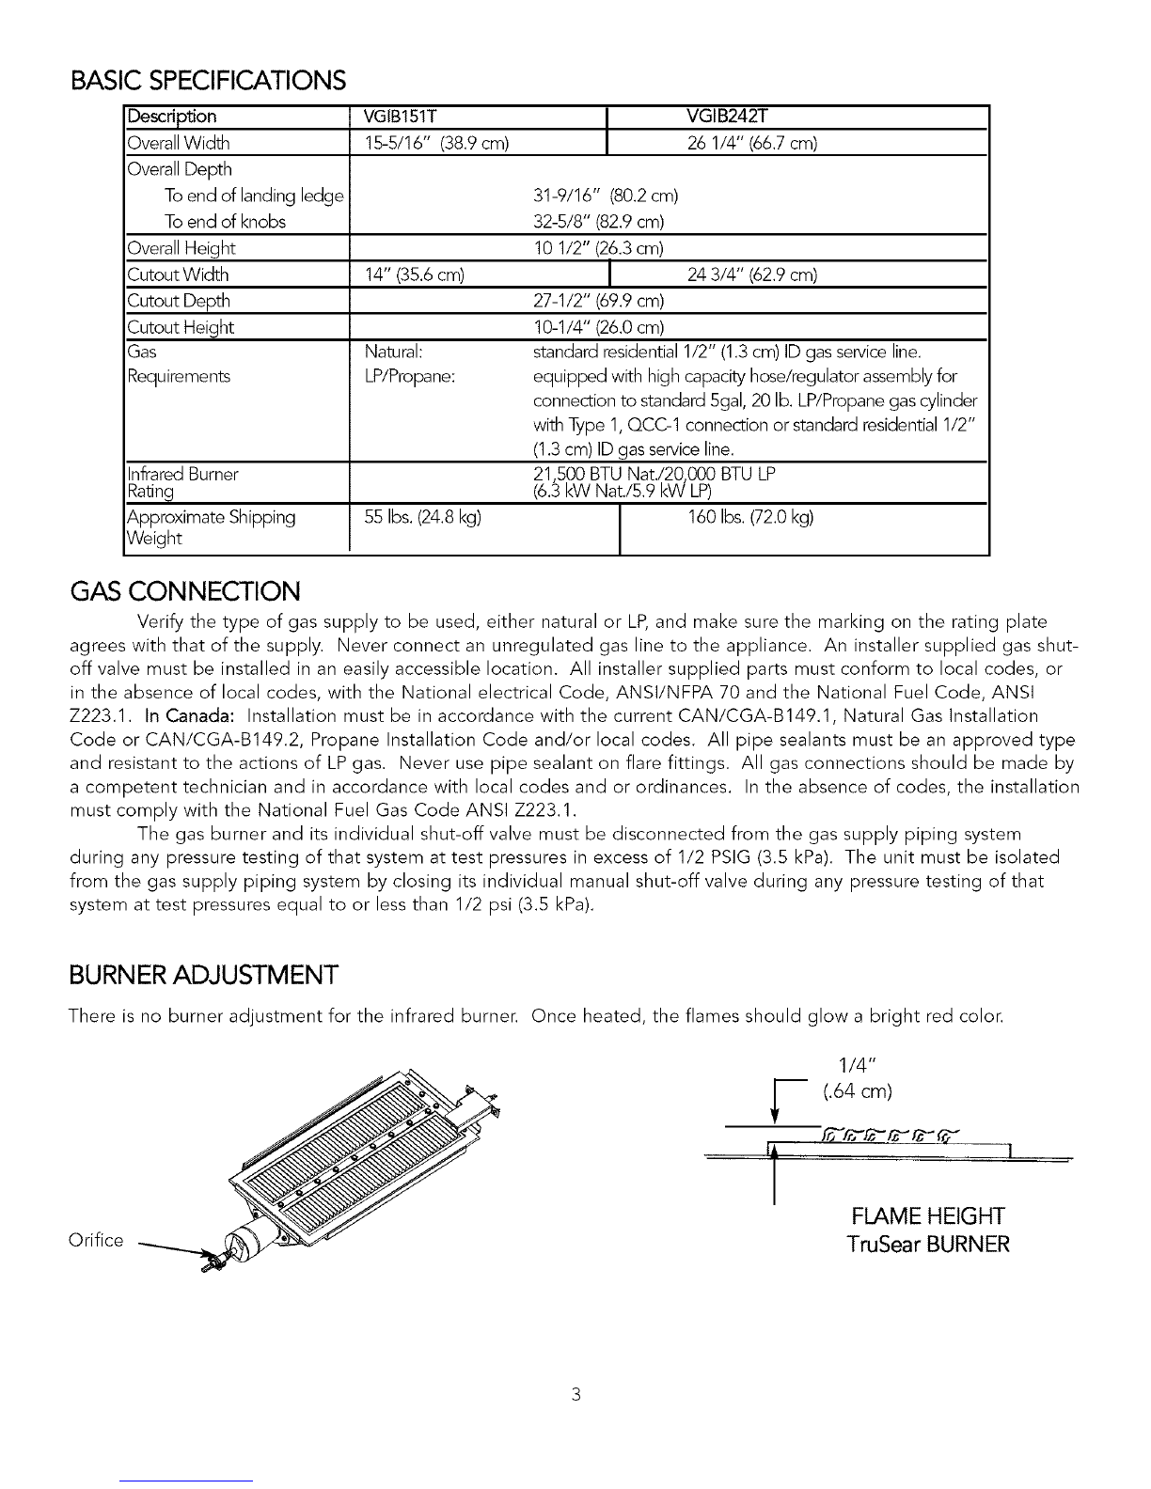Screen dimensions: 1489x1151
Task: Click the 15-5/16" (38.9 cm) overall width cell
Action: (436, 143)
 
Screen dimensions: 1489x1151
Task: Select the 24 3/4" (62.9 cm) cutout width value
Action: (749, 274)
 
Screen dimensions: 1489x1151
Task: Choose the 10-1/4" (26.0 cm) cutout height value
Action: (598, 327)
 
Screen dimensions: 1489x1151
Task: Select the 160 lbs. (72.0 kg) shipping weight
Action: (751, 517)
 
